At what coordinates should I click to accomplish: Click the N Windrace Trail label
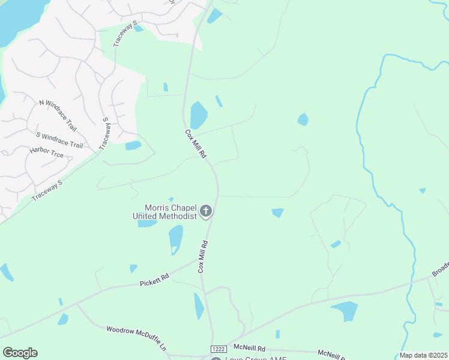[x=58, y=116]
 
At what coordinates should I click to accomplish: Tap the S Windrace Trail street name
[x=59, y=140]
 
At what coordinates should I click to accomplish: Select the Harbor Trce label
[x=47, y=154]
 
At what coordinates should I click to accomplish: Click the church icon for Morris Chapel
[x=206, y=211]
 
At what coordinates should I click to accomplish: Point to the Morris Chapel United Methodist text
[x=164, y=212]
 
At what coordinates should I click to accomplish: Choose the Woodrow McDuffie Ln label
[x=136, y=338]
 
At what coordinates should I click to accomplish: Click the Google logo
[x=20, y=353]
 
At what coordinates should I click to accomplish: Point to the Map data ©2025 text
[x=423, y=355]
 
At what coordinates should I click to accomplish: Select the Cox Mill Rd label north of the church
[x=196, y=144]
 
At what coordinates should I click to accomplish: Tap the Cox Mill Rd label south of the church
[x=203, y=257]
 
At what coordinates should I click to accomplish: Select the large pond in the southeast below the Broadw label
[x=345, y=310]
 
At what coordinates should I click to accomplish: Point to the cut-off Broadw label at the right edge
[x=440, y=269]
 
